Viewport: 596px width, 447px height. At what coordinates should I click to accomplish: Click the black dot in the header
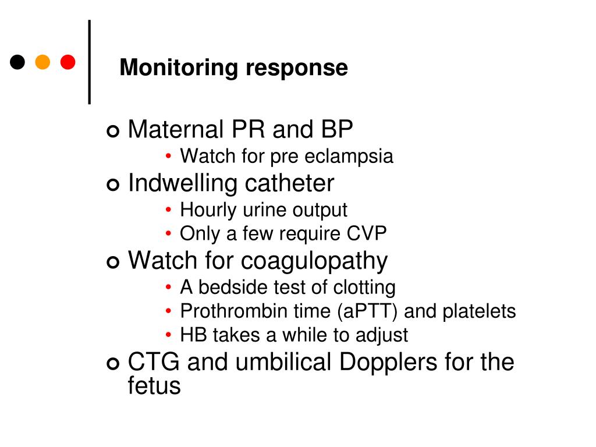(17, 62)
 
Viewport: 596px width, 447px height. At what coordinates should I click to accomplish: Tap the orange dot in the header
(42, 62)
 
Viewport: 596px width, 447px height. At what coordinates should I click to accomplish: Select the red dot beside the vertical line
(68, 62)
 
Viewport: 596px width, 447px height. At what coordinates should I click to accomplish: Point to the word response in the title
(296, 69)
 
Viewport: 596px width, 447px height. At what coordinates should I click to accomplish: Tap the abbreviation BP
(336, 129)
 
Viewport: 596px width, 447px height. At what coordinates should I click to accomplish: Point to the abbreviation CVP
(367, 234)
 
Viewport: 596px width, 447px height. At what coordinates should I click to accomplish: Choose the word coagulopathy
(314, 261)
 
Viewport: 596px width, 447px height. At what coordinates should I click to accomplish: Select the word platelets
(479, 311)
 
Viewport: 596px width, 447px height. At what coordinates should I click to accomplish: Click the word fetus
(154, 386)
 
